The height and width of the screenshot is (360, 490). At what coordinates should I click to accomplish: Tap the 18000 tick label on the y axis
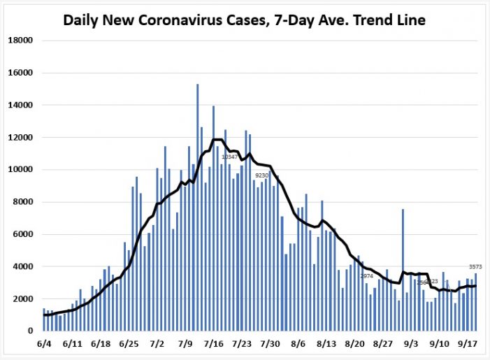coord(20,41)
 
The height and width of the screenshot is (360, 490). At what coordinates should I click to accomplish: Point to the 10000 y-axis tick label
coord(20,170)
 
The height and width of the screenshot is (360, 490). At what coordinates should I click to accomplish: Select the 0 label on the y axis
coord(31,331)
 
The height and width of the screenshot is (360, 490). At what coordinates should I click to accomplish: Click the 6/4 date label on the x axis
coord(43,344)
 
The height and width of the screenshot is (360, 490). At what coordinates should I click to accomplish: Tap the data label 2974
coord(367,277)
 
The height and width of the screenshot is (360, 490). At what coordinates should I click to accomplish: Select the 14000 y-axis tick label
coord(20,106)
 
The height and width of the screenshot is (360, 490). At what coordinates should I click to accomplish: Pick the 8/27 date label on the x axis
coord(384,344)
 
